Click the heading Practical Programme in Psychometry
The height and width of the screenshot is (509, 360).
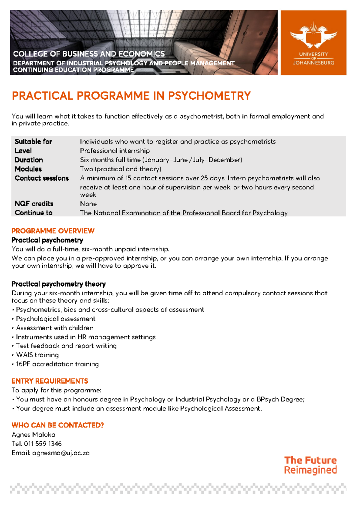pyautogui.click(x=131, y=96)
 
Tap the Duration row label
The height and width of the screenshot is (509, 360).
pyautogui.click(x=29, y=160)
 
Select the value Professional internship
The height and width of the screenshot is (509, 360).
pyautogui.click(x=115, y=151)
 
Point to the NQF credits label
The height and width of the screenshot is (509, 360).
pyautogui.click(x=34, y=204)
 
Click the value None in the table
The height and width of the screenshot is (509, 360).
pyautogui.click(x=88, y=204)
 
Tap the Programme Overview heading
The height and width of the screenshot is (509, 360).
pyautogui.click(x=53, y=231)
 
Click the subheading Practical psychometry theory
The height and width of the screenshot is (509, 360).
pyautogui.click(x=58, y=284)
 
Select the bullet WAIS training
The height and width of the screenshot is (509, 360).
pyautogui.click(x=37, y=355)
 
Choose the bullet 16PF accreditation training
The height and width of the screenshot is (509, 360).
pyautogui.click(x=57, y=364)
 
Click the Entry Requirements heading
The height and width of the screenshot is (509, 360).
pyautogui.click(x=49, y=381)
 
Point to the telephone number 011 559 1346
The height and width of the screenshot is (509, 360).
pyautogui.click(x=43, y=444)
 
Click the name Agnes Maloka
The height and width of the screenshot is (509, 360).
pyautogui.click(x=33, y=435)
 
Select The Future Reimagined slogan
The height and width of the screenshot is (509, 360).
pyautogui.click(x=310, y=465)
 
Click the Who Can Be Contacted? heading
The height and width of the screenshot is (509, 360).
pyautogui.click(x=58, y=425)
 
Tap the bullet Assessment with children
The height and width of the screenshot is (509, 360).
pyautogui.click(x=55, y=328)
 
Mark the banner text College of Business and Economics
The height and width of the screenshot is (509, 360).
pyautogui.click(x=89, y=54)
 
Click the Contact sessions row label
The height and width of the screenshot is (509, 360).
pyautogui.click(x=42, y=178)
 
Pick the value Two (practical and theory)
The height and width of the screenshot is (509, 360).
pyautogui.click(x=120, y=169)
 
